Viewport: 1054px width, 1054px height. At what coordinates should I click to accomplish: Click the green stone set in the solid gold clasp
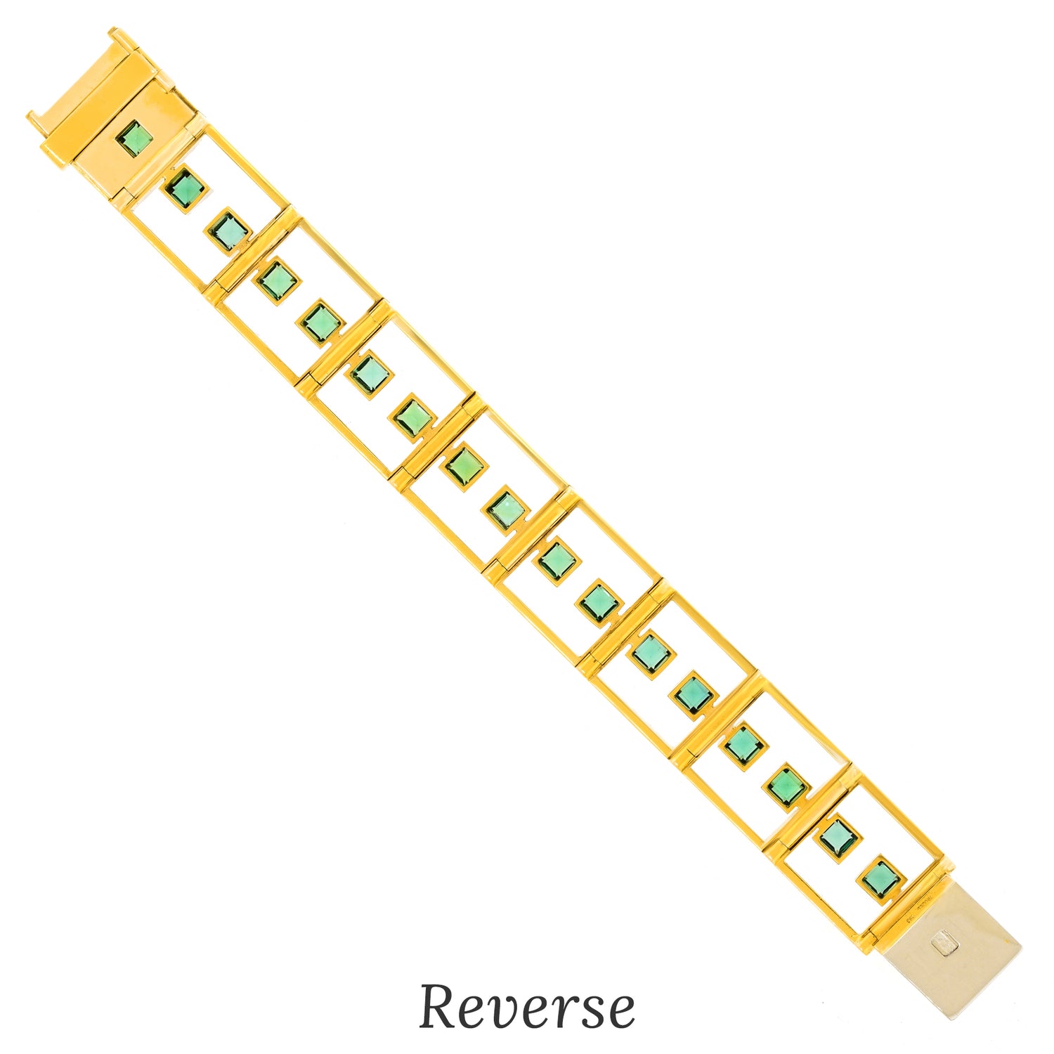(x=134, y=138)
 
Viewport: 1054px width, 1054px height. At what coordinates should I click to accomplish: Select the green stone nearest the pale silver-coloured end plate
(x=880, y=878)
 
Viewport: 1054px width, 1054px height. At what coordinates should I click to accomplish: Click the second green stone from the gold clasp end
(x=186, y=188)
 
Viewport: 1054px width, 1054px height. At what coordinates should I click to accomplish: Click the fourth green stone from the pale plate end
(x=744, y=742)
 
